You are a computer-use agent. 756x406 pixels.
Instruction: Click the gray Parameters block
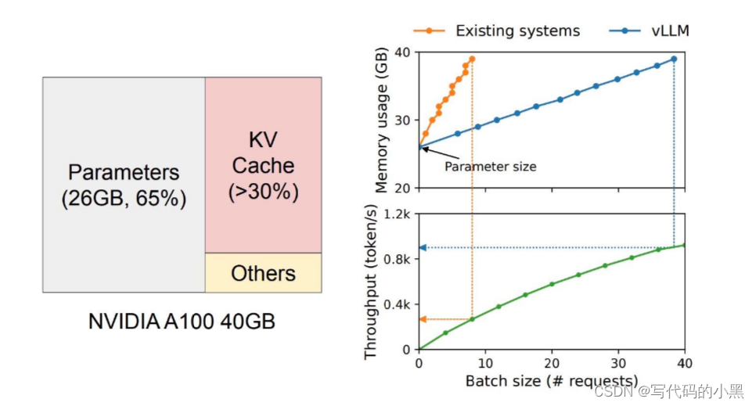pyautogui.click(x=124, y=185)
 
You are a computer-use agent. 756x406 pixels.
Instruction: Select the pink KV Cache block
pyautogui.click(x=263, y=165)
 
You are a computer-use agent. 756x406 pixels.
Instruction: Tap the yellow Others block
pyautogui.click(x=263, y=273)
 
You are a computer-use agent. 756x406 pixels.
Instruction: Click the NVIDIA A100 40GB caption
pyautogui.click(x=182, y=322)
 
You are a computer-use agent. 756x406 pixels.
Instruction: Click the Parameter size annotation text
pyautogui.click(x=491, y=167)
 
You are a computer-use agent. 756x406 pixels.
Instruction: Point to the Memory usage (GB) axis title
pyautogui.click(x=382, y=120)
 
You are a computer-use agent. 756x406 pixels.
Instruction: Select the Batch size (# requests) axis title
pyautogui.click(x=552, y=382)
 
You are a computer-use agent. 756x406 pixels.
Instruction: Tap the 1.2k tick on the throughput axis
pyautogui.click(x=398, y=214)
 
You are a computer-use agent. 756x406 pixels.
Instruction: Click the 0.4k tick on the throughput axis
pyautogui.click(x=398, y=304)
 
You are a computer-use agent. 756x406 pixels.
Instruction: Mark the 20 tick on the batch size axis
pyautogui.click(x=552, y=363)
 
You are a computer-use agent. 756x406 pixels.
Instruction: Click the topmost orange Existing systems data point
pyautogui.click(x=471, y=59)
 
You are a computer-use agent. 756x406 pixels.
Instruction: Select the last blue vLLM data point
pyautogui.click(x=674, y=59)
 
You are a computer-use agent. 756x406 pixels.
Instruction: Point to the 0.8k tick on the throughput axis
pyautogui.click(x=398, y=259)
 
